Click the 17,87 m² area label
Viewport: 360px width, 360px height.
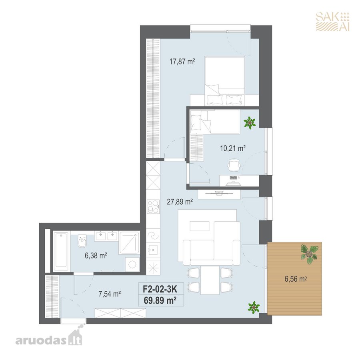point(182,62)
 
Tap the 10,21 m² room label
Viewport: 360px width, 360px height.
point(233,148)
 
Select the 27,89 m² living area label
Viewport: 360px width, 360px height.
point(180,202)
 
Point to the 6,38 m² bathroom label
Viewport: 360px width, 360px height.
point(96,256)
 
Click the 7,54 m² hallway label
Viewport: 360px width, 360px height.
point(110,294)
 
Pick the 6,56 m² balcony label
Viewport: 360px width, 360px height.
point(296,279)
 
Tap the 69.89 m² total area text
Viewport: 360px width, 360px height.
point(160,300)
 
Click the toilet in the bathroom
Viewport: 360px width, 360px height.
point(82,241)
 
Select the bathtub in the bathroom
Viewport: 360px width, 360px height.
point(61,251)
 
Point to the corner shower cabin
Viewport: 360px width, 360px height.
point(129,243)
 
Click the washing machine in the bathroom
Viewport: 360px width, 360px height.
point(132,264)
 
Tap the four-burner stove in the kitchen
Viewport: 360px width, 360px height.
point(153,207)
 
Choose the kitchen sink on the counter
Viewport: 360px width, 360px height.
point(153,250)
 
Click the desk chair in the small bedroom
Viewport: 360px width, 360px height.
point(234,165)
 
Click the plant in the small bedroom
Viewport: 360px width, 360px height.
point(250,123)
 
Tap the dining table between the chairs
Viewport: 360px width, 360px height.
point(210,280)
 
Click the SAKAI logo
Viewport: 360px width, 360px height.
point(332,22)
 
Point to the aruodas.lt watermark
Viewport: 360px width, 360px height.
point(49,339)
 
